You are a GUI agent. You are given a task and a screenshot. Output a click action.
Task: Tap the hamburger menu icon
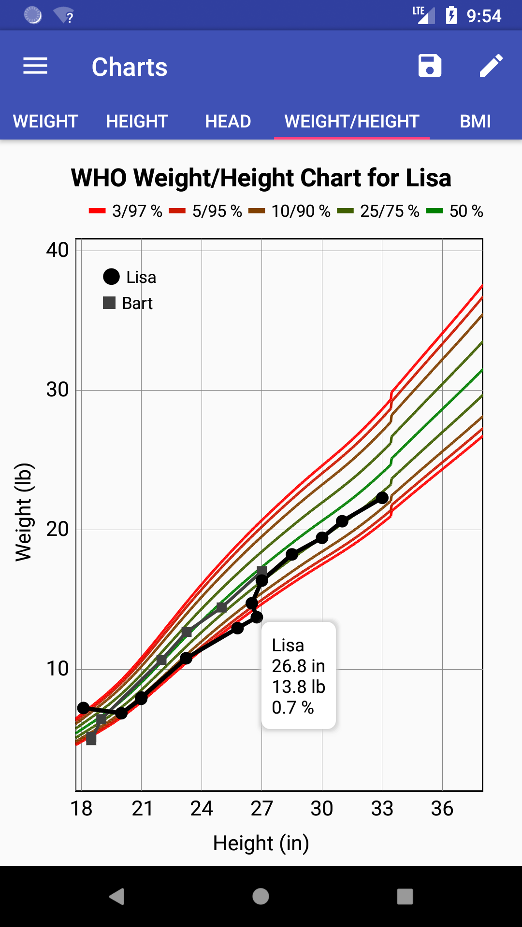point(35,66)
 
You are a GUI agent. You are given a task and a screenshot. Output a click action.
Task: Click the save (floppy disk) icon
point(430,66)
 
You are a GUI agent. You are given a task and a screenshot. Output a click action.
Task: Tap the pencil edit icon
point(491,66)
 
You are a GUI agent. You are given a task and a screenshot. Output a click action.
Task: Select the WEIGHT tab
point(45,121)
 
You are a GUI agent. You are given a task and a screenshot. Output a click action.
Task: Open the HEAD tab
point(228,121)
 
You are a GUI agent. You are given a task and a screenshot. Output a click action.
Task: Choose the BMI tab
point(475,121)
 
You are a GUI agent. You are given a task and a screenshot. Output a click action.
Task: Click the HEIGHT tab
point(137,121)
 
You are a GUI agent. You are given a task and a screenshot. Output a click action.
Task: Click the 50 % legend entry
point(455,211)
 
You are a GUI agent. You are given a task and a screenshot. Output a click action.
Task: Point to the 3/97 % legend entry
point(126,211)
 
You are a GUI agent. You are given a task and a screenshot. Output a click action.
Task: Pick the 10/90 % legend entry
point(290,211)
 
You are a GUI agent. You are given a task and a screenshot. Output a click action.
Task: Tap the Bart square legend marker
point(109,303)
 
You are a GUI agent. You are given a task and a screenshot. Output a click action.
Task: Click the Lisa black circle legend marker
point(111,277)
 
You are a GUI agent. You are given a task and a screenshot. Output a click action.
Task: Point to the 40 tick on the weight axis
point(58,250)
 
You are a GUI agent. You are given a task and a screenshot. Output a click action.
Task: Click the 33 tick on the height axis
point(382,808)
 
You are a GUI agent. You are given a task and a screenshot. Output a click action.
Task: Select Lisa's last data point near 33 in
point(382,498)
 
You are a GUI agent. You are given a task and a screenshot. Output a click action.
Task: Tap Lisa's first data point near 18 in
point(84,708)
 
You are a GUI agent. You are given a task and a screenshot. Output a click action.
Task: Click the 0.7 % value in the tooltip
point(293,708)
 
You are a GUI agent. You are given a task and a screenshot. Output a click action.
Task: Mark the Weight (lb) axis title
point(23,512)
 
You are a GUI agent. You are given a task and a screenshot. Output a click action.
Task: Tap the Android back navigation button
point(116,897)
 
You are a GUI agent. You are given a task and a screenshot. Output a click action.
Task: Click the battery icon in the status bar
point(451,15)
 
